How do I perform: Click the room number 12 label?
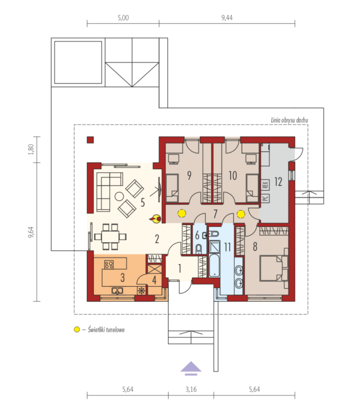[x=278, y=182]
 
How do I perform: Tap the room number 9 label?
[x=189, y=175]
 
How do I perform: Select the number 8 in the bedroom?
[x=255, y=247]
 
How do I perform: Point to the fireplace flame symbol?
[x=155, y=219]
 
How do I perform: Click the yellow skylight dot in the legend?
[x=77, y=329]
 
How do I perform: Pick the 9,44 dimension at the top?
[x=227, y=17]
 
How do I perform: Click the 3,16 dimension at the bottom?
[x=191, y=389]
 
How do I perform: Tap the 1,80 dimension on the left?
[x=31, y=149]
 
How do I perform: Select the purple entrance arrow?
[x=191, y=368]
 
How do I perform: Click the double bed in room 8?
[x=274, y=268]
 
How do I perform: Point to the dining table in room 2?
[x=110, y=236]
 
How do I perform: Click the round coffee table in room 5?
[x=119, y=196]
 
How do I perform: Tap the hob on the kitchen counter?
[x=109, y=264]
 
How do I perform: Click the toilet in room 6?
[x=199, y=248]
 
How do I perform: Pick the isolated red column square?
[x=91, y=140]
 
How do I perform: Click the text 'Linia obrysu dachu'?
[x=289, y=120]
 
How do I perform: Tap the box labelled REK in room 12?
[x=265, y=185]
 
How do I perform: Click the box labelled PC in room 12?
[x=265, y=198]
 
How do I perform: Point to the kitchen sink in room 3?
[x=117, y=290]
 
